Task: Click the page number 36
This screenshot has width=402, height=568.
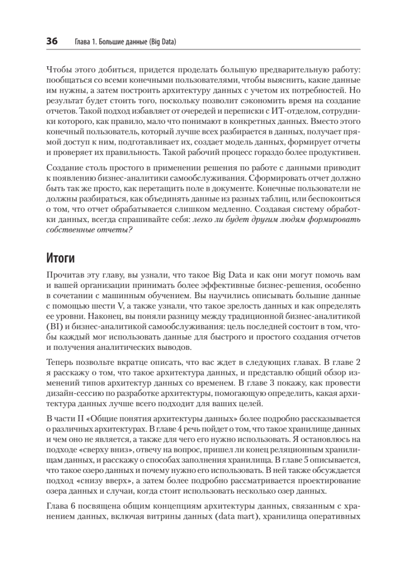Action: point(52,42)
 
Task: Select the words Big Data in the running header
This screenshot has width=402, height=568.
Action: point(161,42)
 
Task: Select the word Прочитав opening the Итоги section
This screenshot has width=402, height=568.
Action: point(64,275)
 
